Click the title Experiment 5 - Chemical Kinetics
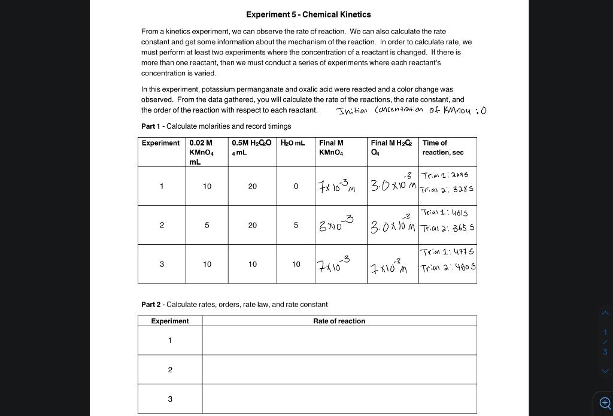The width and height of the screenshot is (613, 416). pyautogui.click(x=308, y=14)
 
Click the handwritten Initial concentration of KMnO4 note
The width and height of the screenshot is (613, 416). pyautogui.click(x=412, y=110)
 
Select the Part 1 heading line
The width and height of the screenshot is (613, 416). pyautogui.click(x=216, y=126)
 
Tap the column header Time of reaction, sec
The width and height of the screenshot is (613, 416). pyautogui.click(x=443, y=148)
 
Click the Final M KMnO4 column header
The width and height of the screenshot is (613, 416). pyautogui.click(x=331, y=148)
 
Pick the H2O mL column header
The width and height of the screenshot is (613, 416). pyautogui.click(x=293, y=143)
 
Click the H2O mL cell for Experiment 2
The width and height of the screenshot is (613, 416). pyautogui.click(x=296, y=225)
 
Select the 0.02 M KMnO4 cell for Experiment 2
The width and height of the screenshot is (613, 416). pyautogui.click(x=207, y=225)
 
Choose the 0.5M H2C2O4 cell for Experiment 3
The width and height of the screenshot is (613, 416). pyautogui.click(x=253, y=264)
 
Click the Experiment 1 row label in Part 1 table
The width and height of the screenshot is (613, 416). pyautogui.click(x=162, y=186)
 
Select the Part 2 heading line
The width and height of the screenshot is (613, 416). pyautogui.click(x=234, y=305)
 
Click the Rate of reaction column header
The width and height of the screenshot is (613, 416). pyautogui.click(x=339, y=321)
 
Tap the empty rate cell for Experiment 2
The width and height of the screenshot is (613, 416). pyautogui.click(x=339, y=370)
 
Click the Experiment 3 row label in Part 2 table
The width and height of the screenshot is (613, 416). pyautogui.click(x=170, y=399)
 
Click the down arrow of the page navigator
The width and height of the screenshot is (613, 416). pyautogui.click(x=605, y=371)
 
